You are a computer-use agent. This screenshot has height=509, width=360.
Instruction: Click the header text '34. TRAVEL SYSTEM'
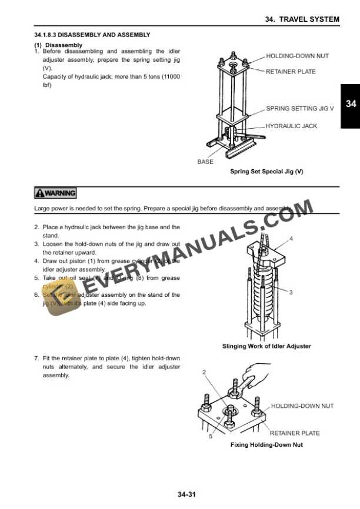click(x=302, y=19)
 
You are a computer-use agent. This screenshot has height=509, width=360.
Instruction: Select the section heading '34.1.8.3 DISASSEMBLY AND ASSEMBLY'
click(x=92, y=35)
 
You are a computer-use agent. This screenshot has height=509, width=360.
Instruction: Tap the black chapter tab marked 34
click(x=351, y=104)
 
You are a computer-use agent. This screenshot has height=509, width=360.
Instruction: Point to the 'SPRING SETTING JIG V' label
click(x=299, y=109)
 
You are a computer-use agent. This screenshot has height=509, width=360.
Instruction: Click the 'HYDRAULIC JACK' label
click(x=291, y=126)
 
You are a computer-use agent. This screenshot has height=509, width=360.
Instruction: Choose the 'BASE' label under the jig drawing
click(x=205, y=162)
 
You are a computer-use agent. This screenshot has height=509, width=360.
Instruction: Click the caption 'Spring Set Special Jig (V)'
click(x=266, y=172)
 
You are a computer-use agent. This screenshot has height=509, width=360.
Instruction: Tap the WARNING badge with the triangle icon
click(x=56, y=193)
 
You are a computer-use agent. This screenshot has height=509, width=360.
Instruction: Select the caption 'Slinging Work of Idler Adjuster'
click(x=266, y=346)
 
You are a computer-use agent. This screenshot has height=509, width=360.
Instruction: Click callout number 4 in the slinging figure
click(x=291, y=239)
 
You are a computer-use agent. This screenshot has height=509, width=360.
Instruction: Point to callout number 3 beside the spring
click(x=291, y=292)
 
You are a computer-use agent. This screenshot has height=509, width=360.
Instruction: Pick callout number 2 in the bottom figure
click(x=204, y=372)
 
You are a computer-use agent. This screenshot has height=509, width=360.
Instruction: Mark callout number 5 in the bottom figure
click(x=211, y=436)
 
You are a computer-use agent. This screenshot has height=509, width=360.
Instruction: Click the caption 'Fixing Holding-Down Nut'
click(x=266, y=445)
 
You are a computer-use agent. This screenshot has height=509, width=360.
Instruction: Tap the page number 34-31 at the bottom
click(x=186, y=495)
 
